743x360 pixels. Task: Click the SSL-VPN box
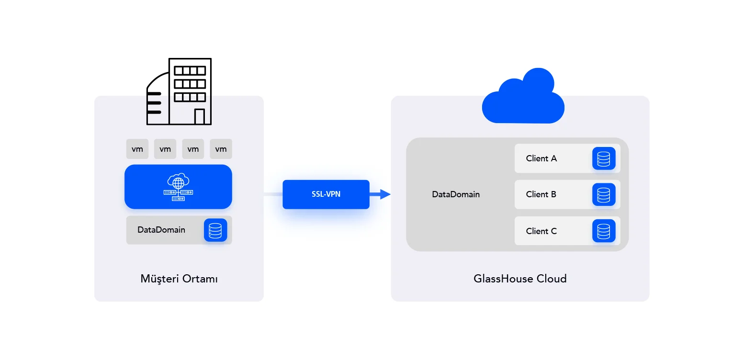pyautogui.click(x=326, y=194)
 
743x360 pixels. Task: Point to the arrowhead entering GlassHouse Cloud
pyautogui.click(x=385, y=194)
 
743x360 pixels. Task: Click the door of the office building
pyautogui.click(x=199, y=117)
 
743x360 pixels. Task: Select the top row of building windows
pyautogui.click(x=190, y=71)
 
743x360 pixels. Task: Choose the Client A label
pyautogui.click(x=541, y=158)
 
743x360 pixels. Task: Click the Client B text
pyautogui.click(x=541, y=194)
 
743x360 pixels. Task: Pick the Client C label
pyautogui.click(x=541, y=231)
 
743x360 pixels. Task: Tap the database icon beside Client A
pyautogui.click(x=603, y=158)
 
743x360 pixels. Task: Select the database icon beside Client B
pyautogui.click(x=603, y=194)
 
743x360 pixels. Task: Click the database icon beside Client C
pyautogui.click(x=603, y=231)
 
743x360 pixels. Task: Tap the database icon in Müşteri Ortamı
pyautogui.click(x=215, y=230)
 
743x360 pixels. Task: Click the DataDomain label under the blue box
pyautogui.click(x=161, y=230)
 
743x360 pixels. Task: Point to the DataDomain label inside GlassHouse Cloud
pyautogui.click(x=456, y=194)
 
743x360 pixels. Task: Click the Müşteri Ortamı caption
pyautogui.click(x=179, y=279)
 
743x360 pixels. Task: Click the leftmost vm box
pyautogui.click(x=137, y=149)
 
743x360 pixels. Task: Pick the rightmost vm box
pyautogui.click(x=221, y=149)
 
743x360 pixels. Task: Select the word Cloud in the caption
pyautogui.click(x=551, y=279)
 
